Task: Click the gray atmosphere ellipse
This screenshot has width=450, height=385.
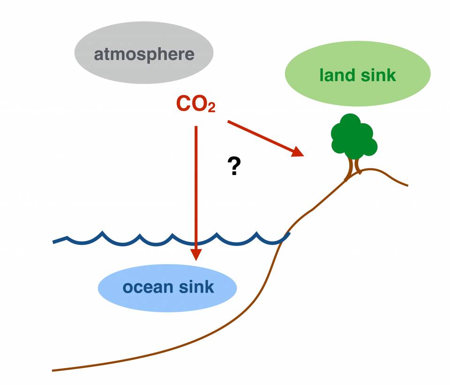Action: tap(144, 53)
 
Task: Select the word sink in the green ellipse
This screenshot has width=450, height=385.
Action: tap(378, 75)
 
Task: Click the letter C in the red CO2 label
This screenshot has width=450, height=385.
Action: tap(183, 104)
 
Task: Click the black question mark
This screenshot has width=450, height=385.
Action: tap(234, 166)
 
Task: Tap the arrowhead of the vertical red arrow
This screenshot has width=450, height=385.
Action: tap(195, 254)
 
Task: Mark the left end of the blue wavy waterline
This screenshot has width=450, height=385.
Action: tap(54, 242)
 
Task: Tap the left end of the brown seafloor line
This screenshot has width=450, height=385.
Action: tap(53, 370)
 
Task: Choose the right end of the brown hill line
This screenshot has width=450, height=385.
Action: tap(407, 185)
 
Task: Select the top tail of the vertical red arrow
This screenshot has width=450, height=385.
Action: tap(195, 127)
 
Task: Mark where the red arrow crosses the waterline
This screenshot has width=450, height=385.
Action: tap(195, 242)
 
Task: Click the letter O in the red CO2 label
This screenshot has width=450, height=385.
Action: tap(199, 104)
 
